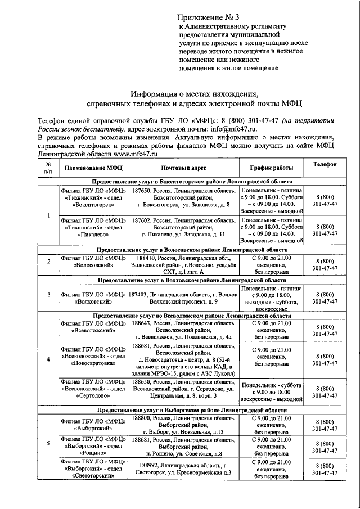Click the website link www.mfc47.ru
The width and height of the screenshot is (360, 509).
coord(135,153)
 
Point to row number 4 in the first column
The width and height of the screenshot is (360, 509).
coord(48,359)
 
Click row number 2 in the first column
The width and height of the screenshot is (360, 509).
coord(48,262)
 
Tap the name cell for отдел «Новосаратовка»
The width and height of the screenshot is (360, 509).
coord(92,357)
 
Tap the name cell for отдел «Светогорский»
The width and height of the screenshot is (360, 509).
coord(92,469)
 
